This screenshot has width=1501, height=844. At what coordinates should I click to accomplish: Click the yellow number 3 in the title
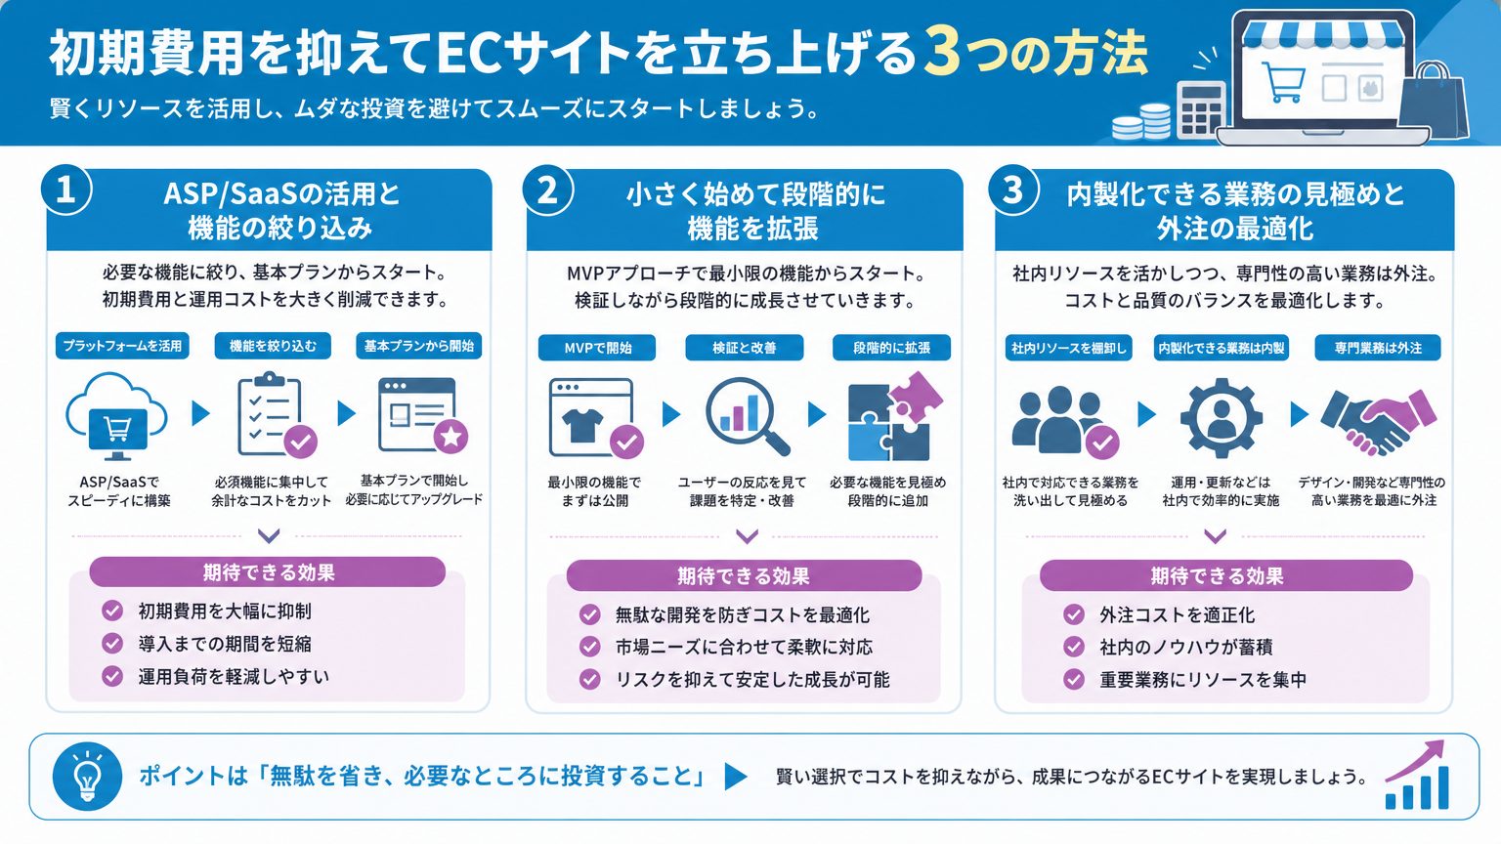[x=943, y=53]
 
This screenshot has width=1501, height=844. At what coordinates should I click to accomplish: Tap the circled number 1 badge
[x=65, y=190]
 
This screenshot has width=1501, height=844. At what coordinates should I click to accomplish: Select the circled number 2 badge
[x=547, y=190]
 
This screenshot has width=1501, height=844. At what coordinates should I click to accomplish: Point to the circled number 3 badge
[x=1013, y=190]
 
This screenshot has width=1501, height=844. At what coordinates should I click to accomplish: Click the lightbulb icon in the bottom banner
[x=87, y=777]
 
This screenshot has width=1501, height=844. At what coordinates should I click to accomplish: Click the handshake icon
[x=1379, y=422]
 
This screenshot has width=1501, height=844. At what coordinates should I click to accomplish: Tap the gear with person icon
[x=1221, y=417]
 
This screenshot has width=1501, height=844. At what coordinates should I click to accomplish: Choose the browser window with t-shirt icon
[x=596, y=418]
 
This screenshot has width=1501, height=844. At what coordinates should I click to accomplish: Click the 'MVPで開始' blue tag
[x=597, y=348]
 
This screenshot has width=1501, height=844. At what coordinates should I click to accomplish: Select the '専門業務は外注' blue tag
[x=1378, y=348]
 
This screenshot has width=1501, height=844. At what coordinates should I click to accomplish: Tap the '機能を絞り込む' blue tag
[x=273, y=346]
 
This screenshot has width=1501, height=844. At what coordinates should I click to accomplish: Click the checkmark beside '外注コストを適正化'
[x=1074, y=614]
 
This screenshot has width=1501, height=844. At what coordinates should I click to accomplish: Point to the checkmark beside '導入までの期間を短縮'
[x=112, y=643]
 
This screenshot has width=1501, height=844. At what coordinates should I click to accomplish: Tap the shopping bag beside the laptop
[x=1432, y=102]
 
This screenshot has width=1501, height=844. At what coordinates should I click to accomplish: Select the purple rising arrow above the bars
[x=1415, y=759]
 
